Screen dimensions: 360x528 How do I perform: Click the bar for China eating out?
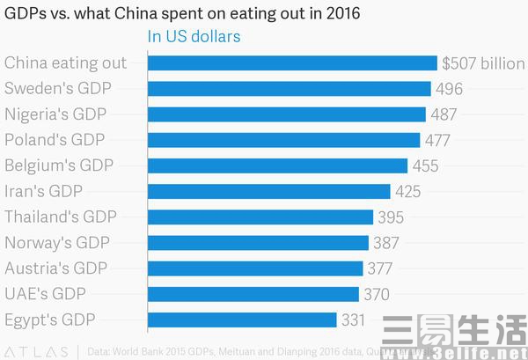click(x=292, y=63)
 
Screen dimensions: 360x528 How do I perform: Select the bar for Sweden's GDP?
click(x=290, y=89)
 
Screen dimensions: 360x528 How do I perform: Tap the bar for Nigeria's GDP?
click(x=287, y=114)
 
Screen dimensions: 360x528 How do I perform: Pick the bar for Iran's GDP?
click(x=269, y=191)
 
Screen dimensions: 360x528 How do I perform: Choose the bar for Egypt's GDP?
click(x=243, y=319)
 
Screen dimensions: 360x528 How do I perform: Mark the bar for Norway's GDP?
click(x=259, y=242)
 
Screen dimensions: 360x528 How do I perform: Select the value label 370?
click(x=377, y=293)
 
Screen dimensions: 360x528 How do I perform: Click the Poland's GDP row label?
click(x=55, y=140)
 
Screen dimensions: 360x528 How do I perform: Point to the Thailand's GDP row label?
click(x=61, y=217)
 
